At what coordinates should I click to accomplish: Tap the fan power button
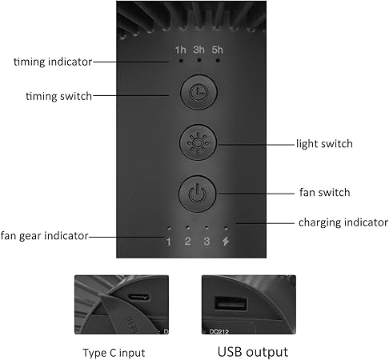coord(196,193)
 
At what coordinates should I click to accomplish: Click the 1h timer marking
coord(181,50)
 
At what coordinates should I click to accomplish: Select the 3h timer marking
coord(199,50)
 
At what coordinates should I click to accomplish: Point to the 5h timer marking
coord(218,50)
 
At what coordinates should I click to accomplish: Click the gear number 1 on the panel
coord(169,242)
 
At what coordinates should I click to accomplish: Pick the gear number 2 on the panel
coord(188,242)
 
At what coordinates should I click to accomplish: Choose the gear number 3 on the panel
coord(207,242)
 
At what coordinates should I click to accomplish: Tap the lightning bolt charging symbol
coord(227,242)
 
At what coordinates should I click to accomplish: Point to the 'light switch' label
coord(324,144)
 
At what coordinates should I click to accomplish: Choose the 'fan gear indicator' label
coord(45,236)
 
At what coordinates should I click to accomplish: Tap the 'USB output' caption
coord(251,351)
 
